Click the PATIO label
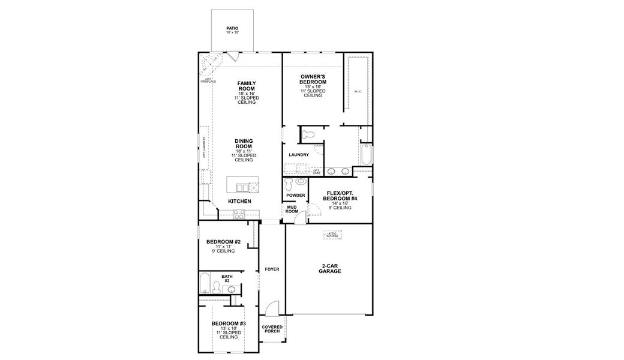point(232,29)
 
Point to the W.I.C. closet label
point(358,91)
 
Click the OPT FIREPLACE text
point(207,80)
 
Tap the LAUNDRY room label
point(298,155)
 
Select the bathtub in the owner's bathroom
point(365,154)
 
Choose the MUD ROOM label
point(292,209)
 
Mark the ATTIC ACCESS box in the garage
point(331,235)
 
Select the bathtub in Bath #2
point(205,282)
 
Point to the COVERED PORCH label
point(272,329)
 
